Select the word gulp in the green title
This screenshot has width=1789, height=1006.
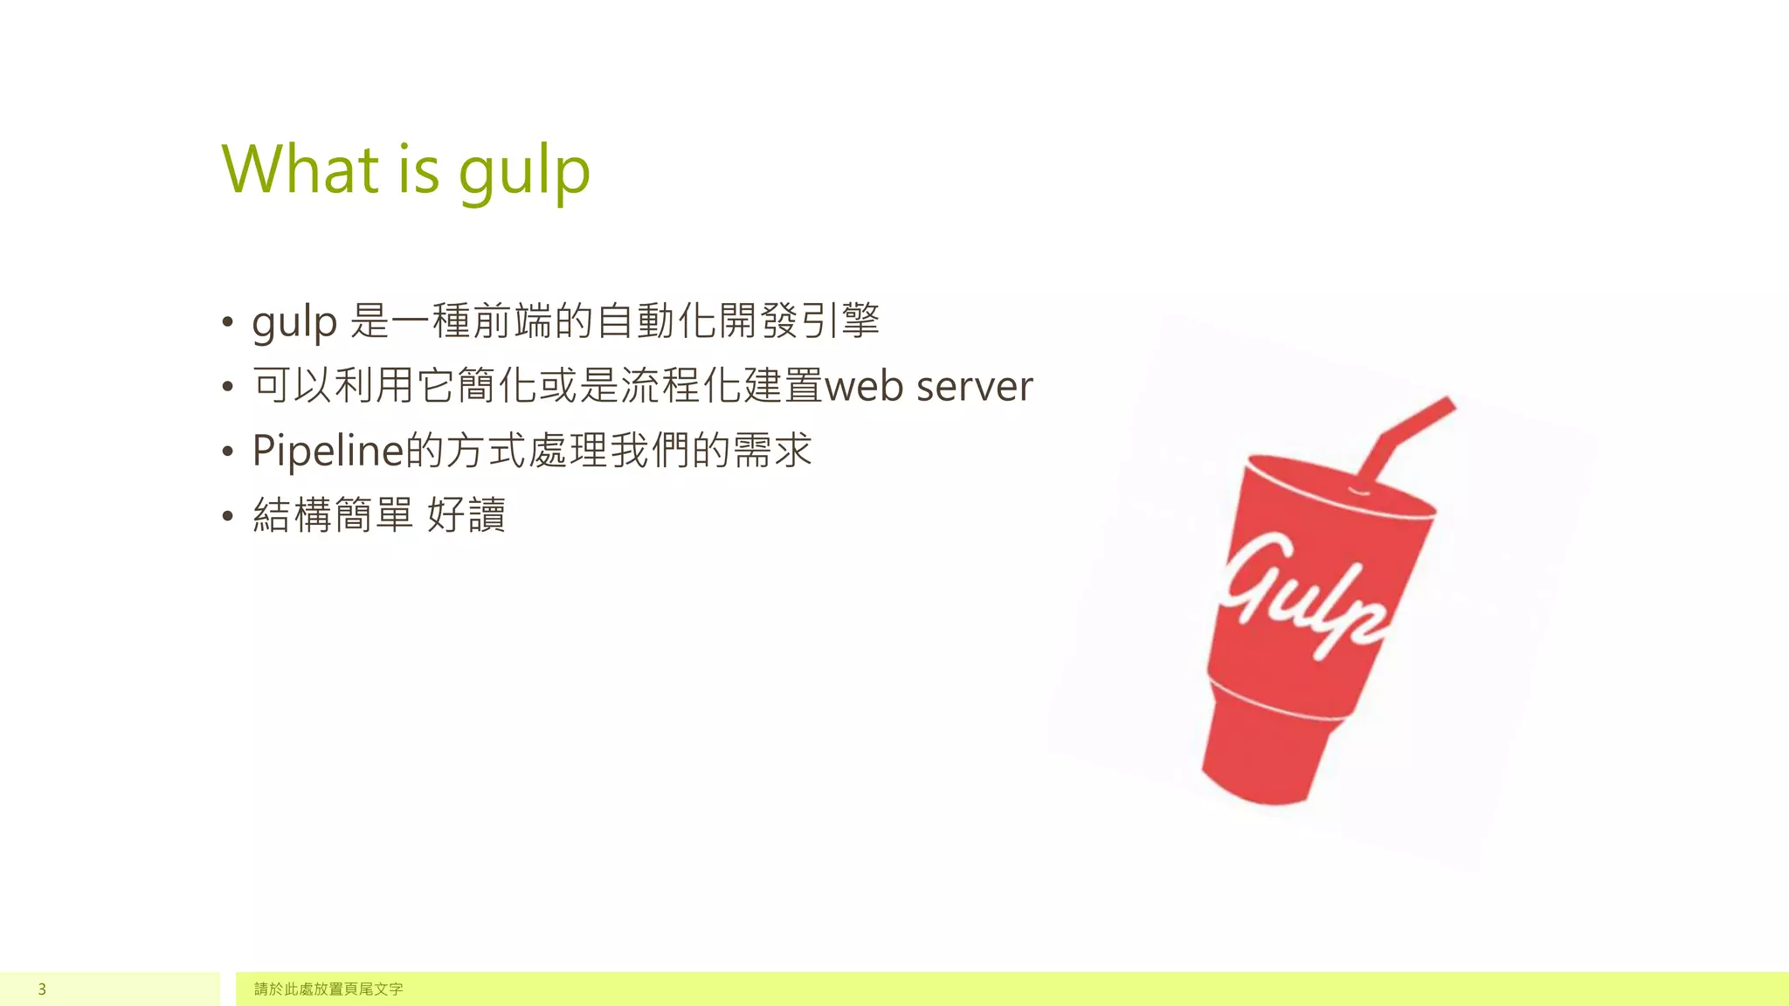(524, 173)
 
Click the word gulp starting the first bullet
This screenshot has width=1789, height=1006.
(294, 323)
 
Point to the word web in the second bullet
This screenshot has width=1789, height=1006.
(864, 386)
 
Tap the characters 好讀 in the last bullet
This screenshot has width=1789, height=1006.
(466, 514)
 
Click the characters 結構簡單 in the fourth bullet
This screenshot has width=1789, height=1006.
(333, 514)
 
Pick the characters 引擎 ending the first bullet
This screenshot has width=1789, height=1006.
(840, 320)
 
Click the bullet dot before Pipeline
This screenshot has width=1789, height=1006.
(228, 451)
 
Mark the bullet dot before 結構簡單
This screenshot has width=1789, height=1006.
(228, 515)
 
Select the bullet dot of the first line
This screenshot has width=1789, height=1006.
(228, 321)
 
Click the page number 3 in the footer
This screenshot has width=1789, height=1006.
(42, 989)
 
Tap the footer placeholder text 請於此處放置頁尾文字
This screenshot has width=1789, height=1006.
(328, 989)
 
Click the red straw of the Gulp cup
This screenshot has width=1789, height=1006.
(1406, 433)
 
